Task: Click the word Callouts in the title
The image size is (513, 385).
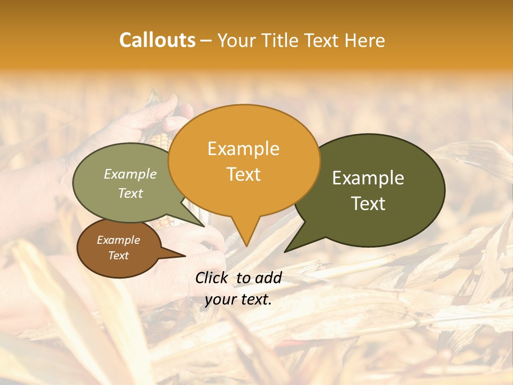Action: (157, 40)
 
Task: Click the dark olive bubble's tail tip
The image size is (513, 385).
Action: (285, 251)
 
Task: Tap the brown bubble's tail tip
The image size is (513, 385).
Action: (185, 256)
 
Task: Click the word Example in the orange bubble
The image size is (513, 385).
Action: (243, 149)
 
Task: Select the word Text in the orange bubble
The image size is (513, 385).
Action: (243, 174)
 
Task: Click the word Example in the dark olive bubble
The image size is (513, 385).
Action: (368, 178)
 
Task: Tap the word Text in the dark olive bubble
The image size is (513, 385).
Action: (368, 203)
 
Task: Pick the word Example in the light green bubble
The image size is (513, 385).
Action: (130, 174)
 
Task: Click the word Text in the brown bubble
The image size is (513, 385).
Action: (118, 255)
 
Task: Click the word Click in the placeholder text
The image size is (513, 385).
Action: (213, 278)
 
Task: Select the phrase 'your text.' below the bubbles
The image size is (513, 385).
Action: (238, 299)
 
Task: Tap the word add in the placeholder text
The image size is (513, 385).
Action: (268, 278)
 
